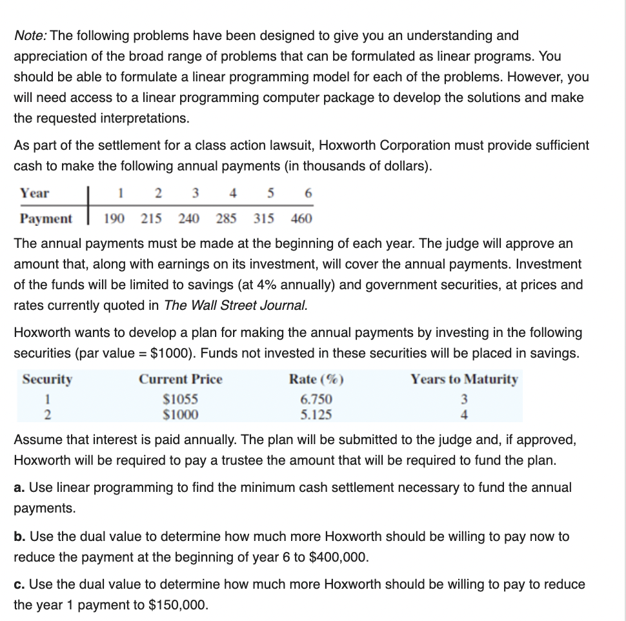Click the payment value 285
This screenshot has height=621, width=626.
[x=226, y=218]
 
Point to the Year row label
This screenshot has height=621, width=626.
[x=35, y=193]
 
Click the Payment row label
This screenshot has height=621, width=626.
[x=46, y=218]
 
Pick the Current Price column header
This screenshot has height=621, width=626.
[x=181, y=380]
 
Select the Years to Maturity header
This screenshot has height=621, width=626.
[x=464, y=380]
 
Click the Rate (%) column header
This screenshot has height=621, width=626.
[x=317, y=380]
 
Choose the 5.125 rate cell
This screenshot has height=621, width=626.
[x=316, y=414]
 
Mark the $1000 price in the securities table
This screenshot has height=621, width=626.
[x=180, y=414]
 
